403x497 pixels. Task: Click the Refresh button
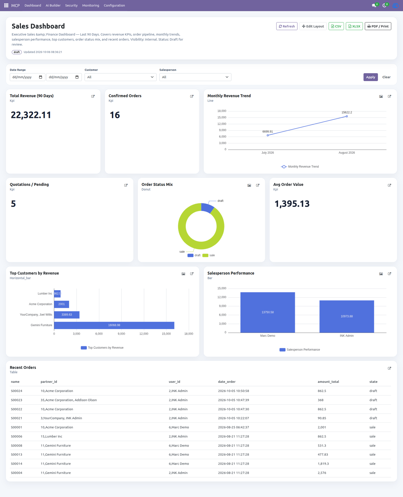tap(287, 26)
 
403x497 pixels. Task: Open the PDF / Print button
tap(378, 26)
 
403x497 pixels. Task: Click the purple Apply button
tap(370, 77)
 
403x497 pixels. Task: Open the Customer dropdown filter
tap(120, 77)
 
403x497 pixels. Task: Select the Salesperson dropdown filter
tap(195, 77)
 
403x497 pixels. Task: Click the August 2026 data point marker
tap(347, 116)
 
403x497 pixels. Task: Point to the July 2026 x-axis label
tap(268, 153)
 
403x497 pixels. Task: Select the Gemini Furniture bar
tap(114, 325)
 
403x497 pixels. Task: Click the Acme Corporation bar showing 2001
tap(62, 304)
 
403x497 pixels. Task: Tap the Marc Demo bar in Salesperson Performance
tap(268, 312)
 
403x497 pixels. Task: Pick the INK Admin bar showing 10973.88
tap(347, 316)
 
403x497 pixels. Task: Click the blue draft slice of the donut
tap(207, 208)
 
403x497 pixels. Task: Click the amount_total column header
tap(328, 382)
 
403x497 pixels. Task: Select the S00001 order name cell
tap(17, 427)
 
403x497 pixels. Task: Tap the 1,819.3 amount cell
tap(323, 464)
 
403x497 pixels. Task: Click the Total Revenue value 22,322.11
tap(31, 115)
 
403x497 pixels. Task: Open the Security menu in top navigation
tap(71, 5)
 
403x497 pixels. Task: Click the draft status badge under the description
tap(17, 52)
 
